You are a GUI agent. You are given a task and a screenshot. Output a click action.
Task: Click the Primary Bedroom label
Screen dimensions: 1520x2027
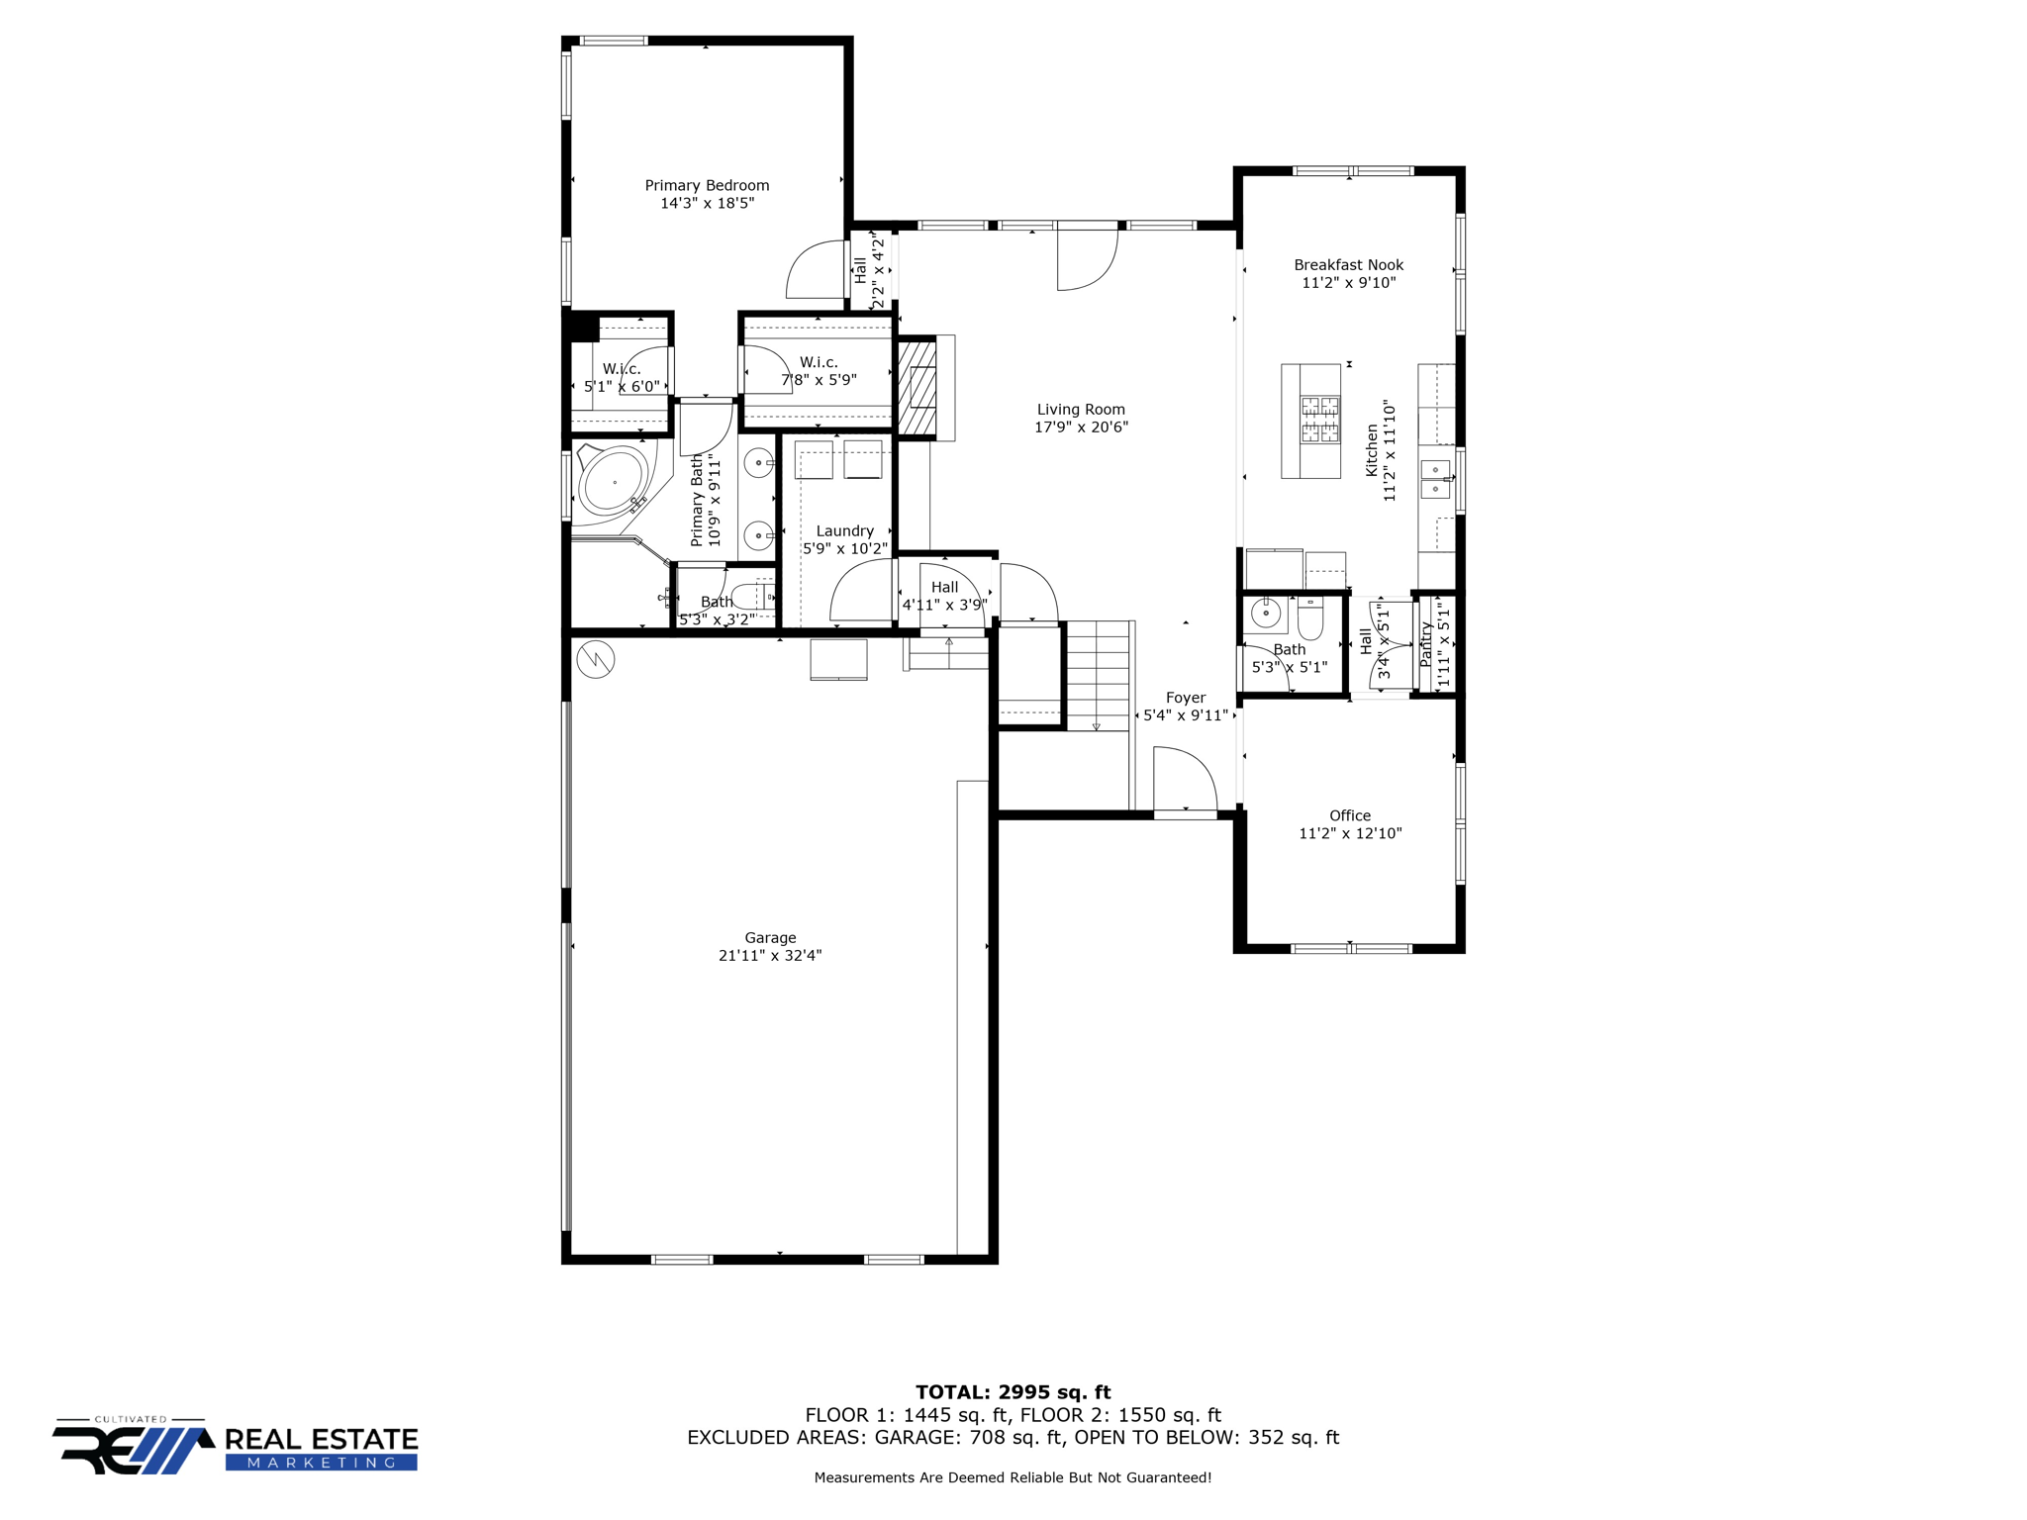(x=707, y=185)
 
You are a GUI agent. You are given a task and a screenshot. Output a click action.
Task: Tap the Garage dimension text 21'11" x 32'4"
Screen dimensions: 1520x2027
(x=770, y=956)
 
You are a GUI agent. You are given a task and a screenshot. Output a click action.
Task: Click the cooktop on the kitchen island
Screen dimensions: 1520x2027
(x=1320, y=420)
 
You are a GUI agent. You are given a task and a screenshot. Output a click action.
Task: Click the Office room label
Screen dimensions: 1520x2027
(x=1350, y=815)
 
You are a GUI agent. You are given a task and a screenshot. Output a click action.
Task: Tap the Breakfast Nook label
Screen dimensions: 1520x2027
(x=1348, y=264)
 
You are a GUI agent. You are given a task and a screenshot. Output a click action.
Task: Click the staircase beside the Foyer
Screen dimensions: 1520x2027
(x=1099, y=675)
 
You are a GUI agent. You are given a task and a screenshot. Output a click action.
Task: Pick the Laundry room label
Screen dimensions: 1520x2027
(x=844, y=530)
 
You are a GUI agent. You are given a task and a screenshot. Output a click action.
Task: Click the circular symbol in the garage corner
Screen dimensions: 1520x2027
(x=596, y=659)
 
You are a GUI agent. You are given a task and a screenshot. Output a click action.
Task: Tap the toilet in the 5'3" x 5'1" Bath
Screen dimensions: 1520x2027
(x=1310, y=619)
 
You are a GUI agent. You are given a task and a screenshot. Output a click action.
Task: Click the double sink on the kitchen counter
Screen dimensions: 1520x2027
(x=1435, y=479)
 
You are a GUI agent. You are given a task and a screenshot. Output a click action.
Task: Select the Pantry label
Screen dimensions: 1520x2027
(x=1426, y=643)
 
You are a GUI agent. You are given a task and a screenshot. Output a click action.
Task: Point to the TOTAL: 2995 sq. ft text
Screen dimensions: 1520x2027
(x=1013, y=1392)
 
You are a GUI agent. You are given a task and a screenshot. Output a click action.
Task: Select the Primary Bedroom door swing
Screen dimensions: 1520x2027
(x=816, y=270)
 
